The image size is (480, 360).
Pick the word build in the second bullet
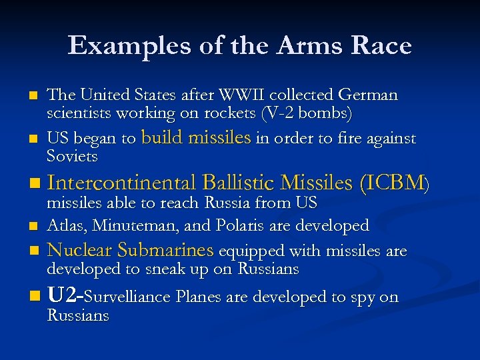(x=163, y=138)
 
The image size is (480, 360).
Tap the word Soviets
(x=72, y=157)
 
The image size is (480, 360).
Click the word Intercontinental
(x=121, y=183)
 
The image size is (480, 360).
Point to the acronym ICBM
(x=394, y=183)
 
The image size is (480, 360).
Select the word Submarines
(x=165, y=251)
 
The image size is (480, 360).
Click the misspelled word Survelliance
(x=133, y=297)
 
